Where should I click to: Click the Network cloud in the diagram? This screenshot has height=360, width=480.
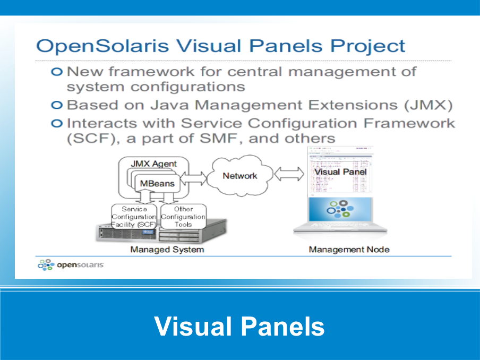point(239,176)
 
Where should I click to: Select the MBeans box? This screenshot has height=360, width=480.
point(157,184)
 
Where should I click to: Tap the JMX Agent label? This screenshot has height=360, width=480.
point(153,164)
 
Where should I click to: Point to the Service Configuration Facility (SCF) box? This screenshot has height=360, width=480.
point(134,217)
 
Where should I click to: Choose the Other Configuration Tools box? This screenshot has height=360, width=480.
point(183,217)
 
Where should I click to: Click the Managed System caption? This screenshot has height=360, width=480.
point(167,250)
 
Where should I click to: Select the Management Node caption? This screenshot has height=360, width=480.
point(349,250)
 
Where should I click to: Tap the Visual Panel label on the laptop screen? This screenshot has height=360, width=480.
point(340,172)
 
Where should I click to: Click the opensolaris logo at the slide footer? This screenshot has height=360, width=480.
point(71,264)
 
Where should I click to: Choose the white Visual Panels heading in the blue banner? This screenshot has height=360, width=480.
point(239,325)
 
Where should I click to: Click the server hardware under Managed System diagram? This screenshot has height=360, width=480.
point(159,234)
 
